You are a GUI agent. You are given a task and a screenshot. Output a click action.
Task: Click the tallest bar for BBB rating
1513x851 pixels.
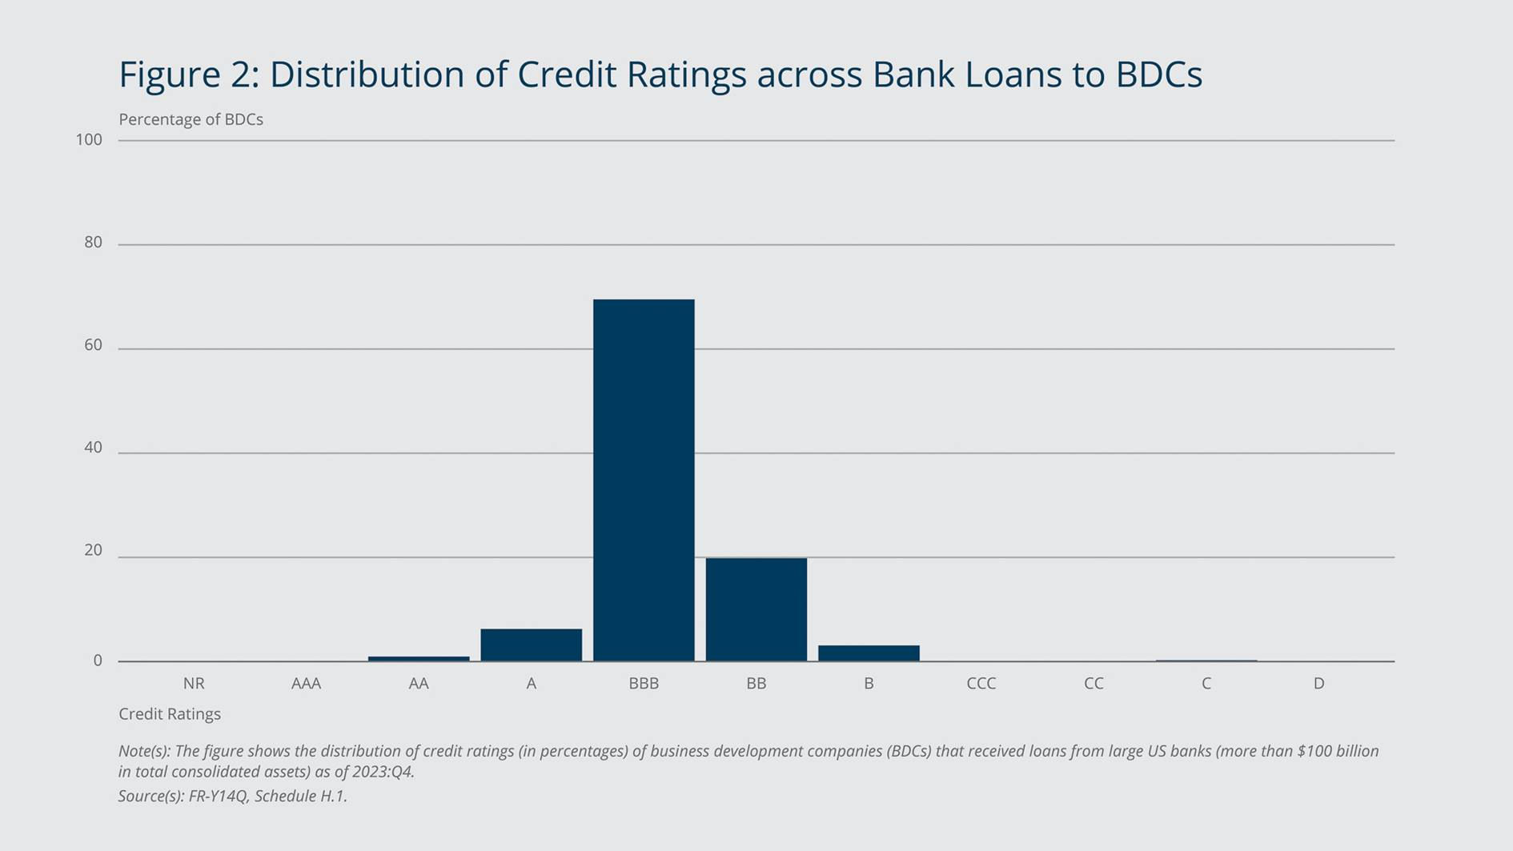pyautogui.click(x=644, y=480)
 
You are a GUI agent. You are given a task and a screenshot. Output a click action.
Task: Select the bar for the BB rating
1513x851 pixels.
pyautogui.click(x=756, y=609)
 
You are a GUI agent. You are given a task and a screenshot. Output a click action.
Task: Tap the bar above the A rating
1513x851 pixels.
pyautogui.click(x=532, y=645)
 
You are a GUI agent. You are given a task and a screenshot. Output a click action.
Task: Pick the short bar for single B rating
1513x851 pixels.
pyautogui.click(x=869, y=653)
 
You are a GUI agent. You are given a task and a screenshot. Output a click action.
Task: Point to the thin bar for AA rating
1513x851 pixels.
pyautogui.click(x=419, y=659)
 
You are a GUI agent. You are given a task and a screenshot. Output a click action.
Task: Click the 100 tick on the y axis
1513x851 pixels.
pyautogui.click(x=89, y=140)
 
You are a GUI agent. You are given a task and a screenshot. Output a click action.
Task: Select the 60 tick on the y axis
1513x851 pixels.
pyautogui.click(x=93, y=345)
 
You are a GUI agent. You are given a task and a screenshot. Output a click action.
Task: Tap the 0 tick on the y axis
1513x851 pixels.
pyautogui.click(x=98, y=660)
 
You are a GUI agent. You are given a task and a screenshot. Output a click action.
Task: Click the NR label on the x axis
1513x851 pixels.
pyautogui.click(x=194, y=683)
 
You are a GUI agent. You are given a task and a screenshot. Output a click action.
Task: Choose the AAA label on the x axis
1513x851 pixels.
pyautogui.click(x=306, y=683)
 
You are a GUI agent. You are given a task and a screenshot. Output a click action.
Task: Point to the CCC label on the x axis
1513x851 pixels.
pyautogui.click(x=981, y=683)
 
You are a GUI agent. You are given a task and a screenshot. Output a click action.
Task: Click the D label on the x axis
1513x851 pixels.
pyautogui.click(x=1318, y=683)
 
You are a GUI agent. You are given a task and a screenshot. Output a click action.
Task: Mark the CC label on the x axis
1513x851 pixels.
pyautogui.click(x=1094, y=683)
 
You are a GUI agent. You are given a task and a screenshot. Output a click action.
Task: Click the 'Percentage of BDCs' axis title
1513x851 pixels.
pyautogui.click(x=191, y=119)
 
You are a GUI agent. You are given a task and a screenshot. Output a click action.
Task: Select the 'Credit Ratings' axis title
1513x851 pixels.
pyautogui.click(x=170, y=714)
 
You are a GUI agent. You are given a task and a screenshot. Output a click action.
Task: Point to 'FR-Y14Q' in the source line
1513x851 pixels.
pyautogui.click(x=218, y=797)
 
